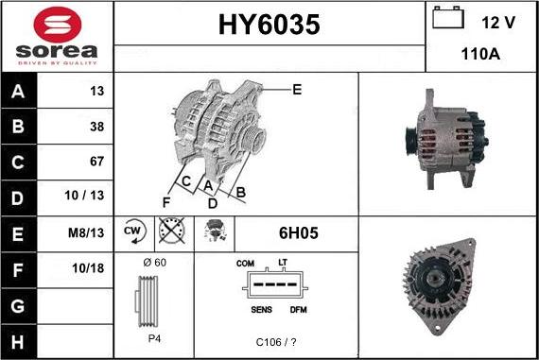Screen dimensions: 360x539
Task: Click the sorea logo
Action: coord(56,36)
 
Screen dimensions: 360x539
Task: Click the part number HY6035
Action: coord(269,26)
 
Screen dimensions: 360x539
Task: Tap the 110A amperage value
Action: coord(480,54)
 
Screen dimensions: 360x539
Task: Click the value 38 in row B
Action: coord(96,126)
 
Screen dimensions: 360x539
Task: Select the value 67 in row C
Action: coord(96,161)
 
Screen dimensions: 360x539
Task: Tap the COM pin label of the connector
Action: coord(246,262)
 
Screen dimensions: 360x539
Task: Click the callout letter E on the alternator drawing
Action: coord(297,90)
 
